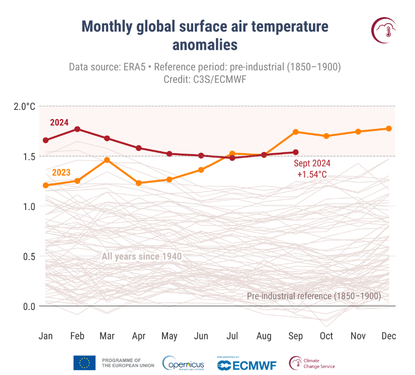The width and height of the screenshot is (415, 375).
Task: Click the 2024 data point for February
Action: click(x=77, y=129)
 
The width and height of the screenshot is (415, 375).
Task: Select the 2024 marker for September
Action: click(x=296, y=152)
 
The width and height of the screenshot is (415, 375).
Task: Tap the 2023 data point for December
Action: click(x=389, y=129)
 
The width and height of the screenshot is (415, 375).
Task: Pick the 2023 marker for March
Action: click(x=107, y=160)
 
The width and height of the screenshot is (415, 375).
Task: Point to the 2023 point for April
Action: click(x=139, y=183)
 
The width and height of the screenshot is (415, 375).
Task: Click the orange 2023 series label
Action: click(x=61, y=173)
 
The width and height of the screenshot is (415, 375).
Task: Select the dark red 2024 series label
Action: click(x=59, y=122)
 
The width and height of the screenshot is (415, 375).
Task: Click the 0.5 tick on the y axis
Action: click(x=29, y=257)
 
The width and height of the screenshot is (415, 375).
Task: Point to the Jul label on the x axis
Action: click(x=233, y=336)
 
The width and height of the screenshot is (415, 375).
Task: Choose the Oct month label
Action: click(x=326, y=336)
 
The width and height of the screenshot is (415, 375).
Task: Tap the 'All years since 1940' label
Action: click(x=141, y=257)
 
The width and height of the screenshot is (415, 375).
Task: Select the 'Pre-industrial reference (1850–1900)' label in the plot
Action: click(x=314, y=296)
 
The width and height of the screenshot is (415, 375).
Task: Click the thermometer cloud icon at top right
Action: click(x=385, y=30)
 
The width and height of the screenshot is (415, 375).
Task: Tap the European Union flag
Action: click(x=85, y=363)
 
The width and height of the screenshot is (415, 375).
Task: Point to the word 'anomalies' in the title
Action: click(x=204, y=45)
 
